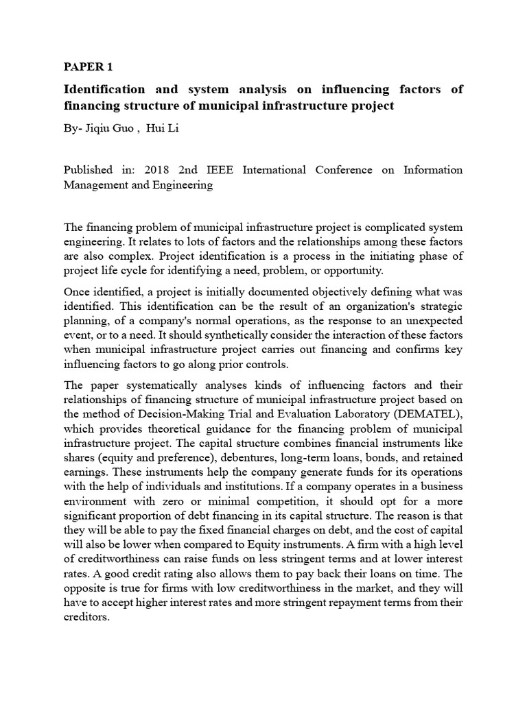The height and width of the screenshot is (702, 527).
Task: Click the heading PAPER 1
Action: (87, 67)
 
